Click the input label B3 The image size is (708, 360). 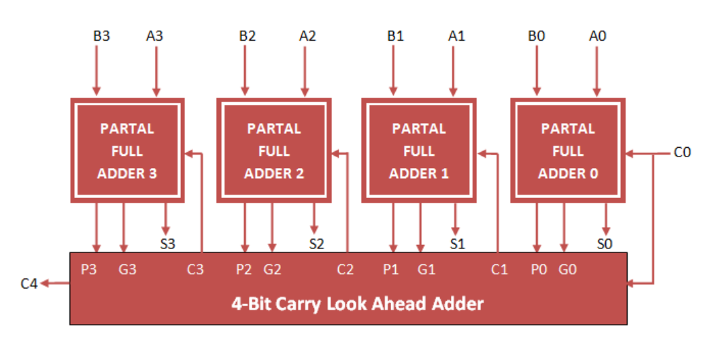pos(101,36)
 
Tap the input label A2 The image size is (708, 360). pos(307,36)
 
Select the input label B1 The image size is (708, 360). pos(395,36)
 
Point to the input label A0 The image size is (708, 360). pos(597,36)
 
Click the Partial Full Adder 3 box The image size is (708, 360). pos(127,150)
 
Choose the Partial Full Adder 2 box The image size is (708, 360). pos(273,150)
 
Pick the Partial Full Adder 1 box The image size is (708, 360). pos(419,150)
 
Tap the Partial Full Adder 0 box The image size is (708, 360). pos(568,150)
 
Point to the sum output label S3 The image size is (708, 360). pos(168,242)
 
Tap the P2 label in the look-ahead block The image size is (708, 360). pos(244,269)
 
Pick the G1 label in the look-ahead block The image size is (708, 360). pos(426,269)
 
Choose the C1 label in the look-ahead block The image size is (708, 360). pos(499,269)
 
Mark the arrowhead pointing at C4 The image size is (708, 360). pos(45,283)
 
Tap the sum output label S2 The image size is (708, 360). pos(317,242)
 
